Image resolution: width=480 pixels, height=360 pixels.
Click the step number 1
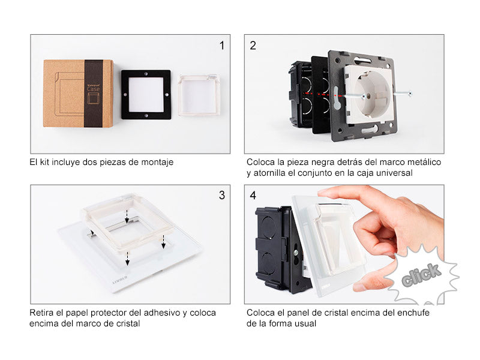(222, 46)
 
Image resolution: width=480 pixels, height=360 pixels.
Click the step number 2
(253, 46)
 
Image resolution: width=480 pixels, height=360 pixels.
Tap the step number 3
(222, 196)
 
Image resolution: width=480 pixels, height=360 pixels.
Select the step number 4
(253, 196)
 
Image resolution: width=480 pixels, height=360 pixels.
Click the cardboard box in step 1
(79, 94)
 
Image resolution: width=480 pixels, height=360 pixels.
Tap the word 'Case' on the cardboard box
(94, 89)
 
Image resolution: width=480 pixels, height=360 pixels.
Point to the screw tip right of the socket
(410, 94)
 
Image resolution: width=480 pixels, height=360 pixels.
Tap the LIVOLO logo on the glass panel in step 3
(120, 280)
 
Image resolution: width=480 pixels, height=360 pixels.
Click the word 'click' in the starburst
(421, 275)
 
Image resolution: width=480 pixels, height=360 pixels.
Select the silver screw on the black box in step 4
(296, 253)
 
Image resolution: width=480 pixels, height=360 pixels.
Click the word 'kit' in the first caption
(44, 162)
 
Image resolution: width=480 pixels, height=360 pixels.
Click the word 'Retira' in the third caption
(42, 313)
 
